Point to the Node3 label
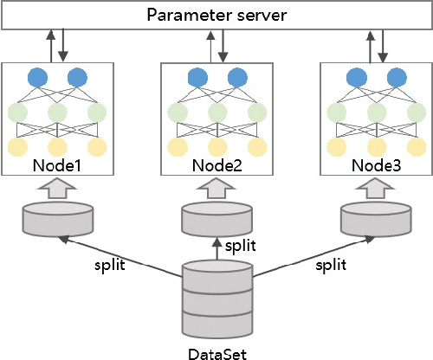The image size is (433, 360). point(375,164)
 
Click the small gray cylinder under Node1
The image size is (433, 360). point(57,219)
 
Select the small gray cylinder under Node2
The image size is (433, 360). point(216,219)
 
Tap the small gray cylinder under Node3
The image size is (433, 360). point(375,219)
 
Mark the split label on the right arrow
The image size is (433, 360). point(333,265)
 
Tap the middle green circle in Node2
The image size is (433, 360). point(216,112)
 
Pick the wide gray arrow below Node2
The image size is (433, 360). point(216,188)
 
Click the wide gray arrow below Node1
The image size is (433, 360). point(57,188)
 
